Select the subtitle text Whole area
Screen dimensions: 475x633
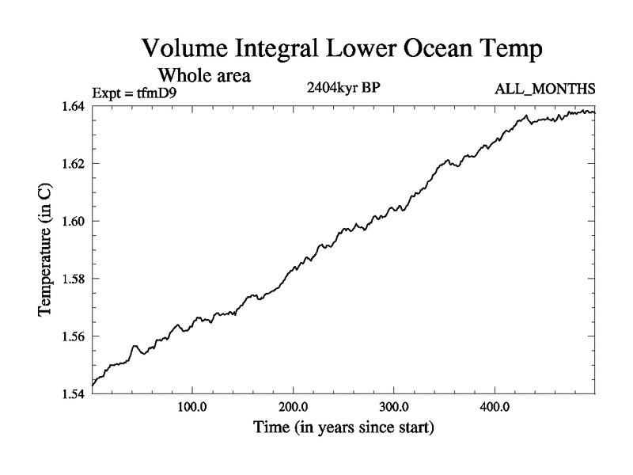pyautogui.click(x=205, y=76)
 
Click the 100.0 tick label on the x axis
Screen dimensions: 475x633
pyautogui.click(x=192, y=408)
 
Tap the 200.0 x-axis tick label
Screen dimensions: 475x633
pyautogui.click(x=294, y=408)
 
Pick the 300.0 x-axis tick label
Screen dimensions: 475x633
pyautogui.click(x=394, y=408)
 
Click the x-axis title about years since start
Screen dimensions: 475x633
pyautogui.click(x=343, y=428)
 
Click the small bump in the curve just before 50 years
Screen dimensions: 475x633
pyautogui.click(x=135, y=346)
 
